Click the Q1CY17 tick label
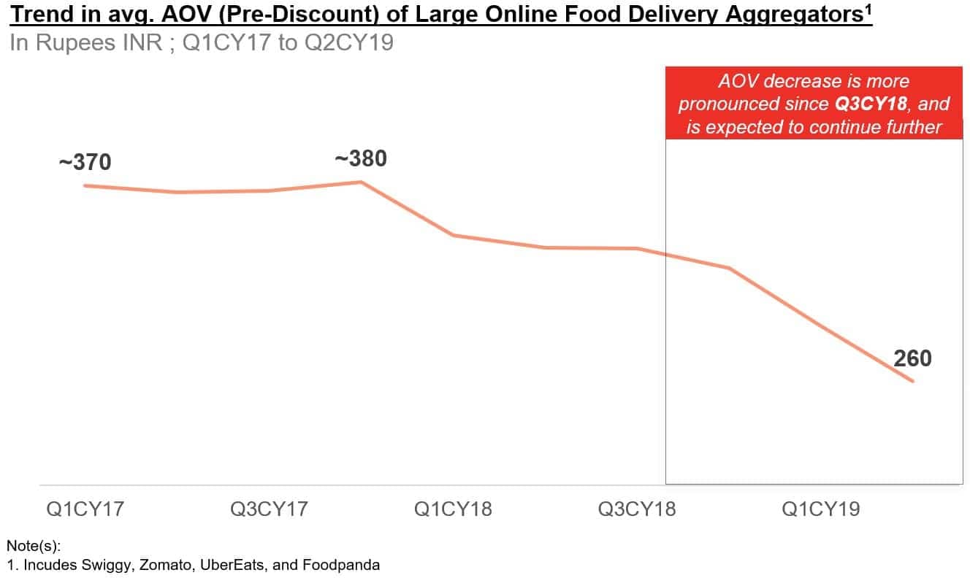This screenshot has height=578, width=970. tap(85, 509)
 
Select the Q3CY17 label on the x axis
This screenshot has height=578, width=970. tap(270, 509)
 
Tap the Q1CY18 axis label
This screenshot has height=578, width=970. tap(454, 509)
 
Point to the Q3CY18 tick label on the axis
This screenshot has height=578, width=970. tap(638, 509)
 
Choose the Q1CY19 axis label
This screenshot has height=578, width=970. tap(821, 509)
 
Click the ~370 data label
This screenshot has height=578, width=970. tap(85, 162)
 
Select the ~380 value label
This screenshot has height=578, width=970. tap(360, 158)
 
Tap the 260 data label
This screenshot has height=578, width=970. tap(912, 358)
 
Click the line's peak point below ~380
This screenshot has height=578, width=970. tap(362, 182)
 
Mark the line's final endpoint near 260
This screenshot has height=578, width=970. tap(912, 381)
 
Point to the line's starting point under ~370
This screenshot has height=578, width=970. tap(85, 185)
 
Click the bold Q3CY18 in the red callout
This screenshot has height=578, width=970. tap(871, 104)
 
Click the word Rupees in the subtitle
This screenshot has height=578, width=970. tap(74, 42)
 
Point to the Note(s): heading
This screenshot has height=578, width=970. tap(34, 545)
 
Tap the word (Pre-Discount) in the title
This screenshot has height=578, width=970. tap(306, 15)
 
